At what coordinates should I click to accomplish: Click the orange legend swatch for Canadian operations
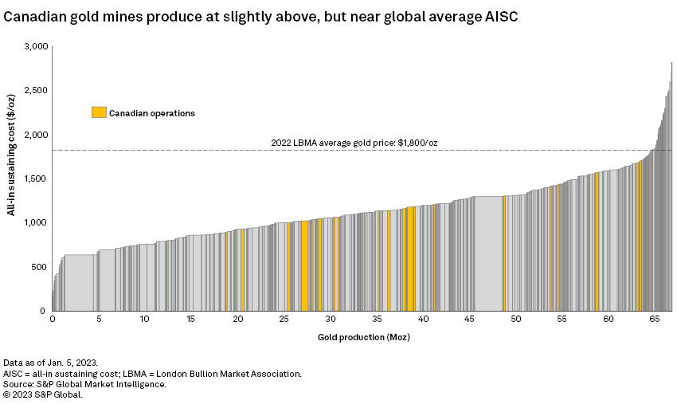(x=99, y=112)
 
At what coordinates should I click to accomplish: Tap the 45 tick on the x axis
(x=469, y=319)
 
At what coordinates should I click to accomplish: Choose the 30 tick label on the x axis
(x=331, y=319)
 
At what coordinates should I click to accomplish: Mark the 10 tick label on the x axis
(x=145, y=319)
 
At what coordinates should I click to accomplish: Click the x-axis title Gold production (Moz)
(x=363, y=336)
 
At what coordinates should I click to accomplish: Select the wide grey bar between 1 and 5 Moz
(x=79, y=283)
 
